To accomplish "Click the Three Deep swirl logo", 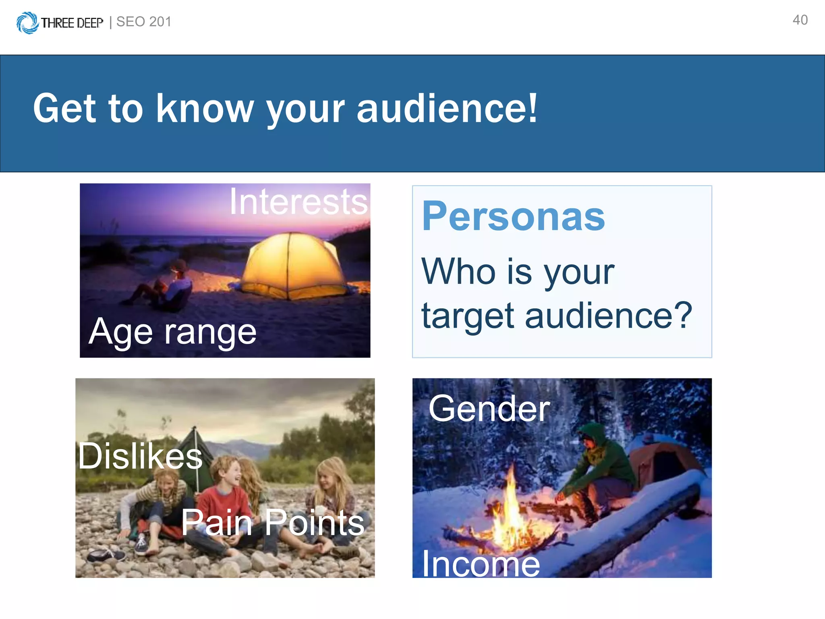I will point(27,23).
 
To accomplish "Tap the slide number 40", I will point(800,20).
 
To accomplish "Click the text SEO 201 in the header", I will point(144,22).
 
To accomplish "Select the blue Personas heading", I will point(513,216).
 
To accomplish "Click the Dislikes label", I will point(140,456).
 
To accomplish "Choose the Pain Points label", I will point(273,522).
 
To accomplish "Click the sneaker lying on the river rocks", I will point(106,555).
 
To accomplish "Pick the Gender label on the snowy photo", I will point(489,409).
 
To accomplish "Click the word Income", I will point(481,564).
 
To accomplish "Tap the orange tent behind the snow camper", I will point(661,459).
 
